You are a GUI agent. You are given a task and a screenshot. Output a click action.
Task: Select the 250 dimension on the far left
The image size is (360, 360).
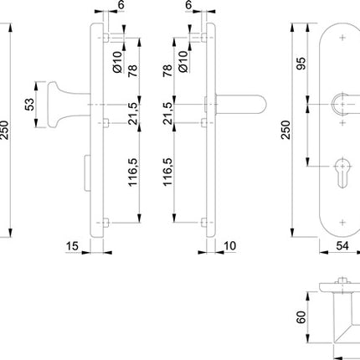[x=7, y=129]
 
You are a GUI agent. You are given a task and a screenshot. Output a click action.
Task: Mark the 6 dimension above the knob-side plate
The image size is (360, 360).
[x=121, y=6]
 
